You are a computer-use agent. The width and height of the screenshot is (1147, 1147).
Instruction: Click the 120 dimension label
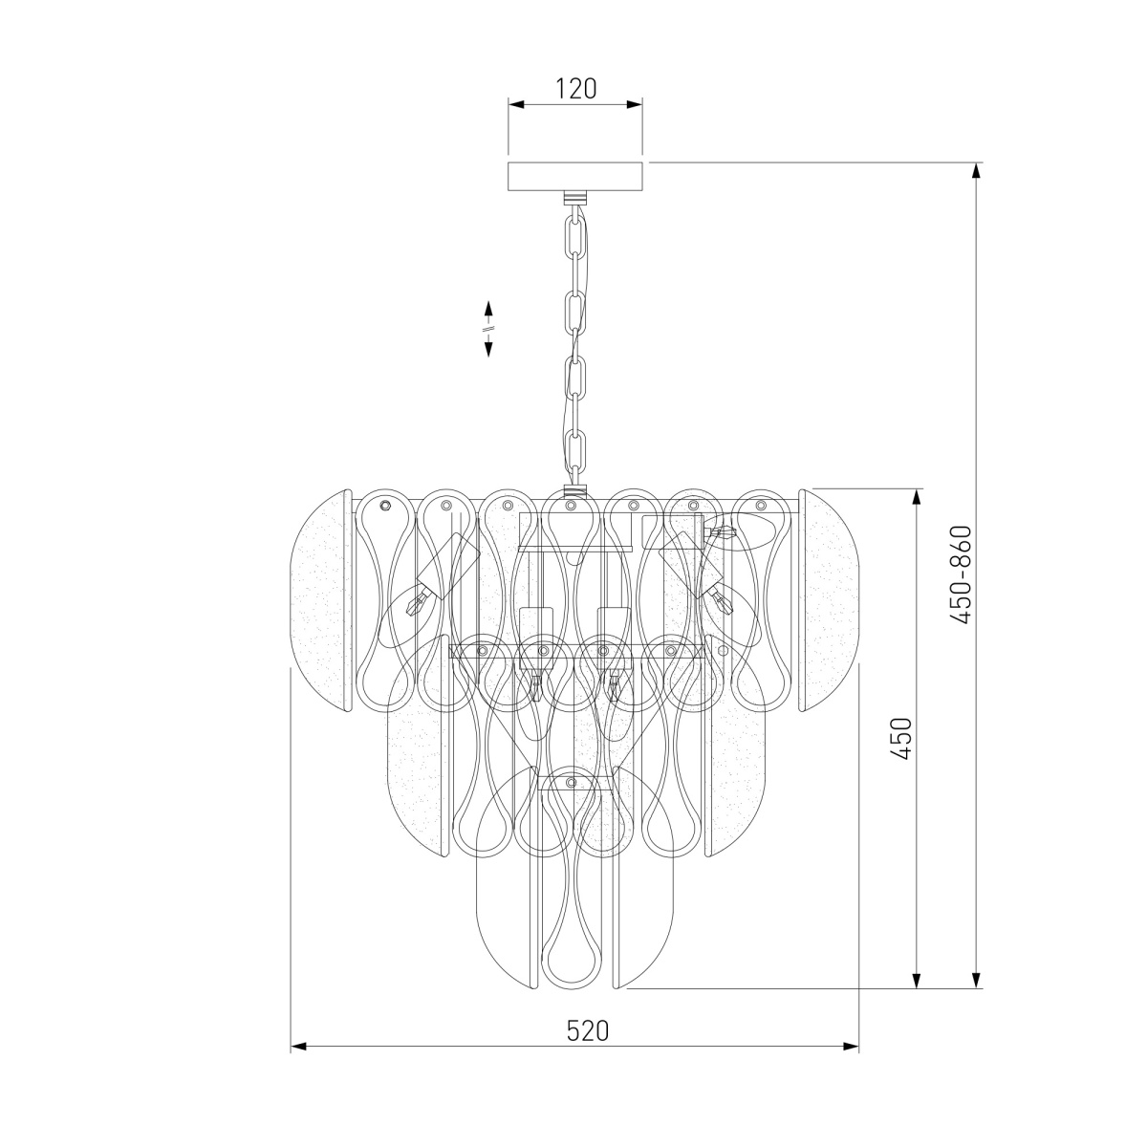(575, 89)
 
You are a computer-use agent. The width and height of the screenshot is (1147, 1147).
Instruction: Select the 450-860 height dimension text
(961, 575)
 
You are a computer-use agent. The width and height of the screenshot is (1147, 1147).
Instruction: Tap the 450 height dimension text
(902, 738)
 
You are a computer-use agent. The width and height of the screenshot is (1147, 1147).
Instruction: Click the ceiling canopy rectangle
(575, 176)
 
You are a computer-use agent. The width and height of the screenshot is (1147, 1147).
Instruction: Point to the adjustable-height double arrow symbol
(488, 329)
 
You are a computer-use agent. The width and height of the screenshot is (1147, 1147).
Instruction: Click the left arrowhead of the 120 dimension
(515, 105)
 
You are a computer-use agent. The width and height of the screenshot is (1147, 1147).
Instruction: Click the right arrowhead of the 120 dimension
(635, 105)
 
